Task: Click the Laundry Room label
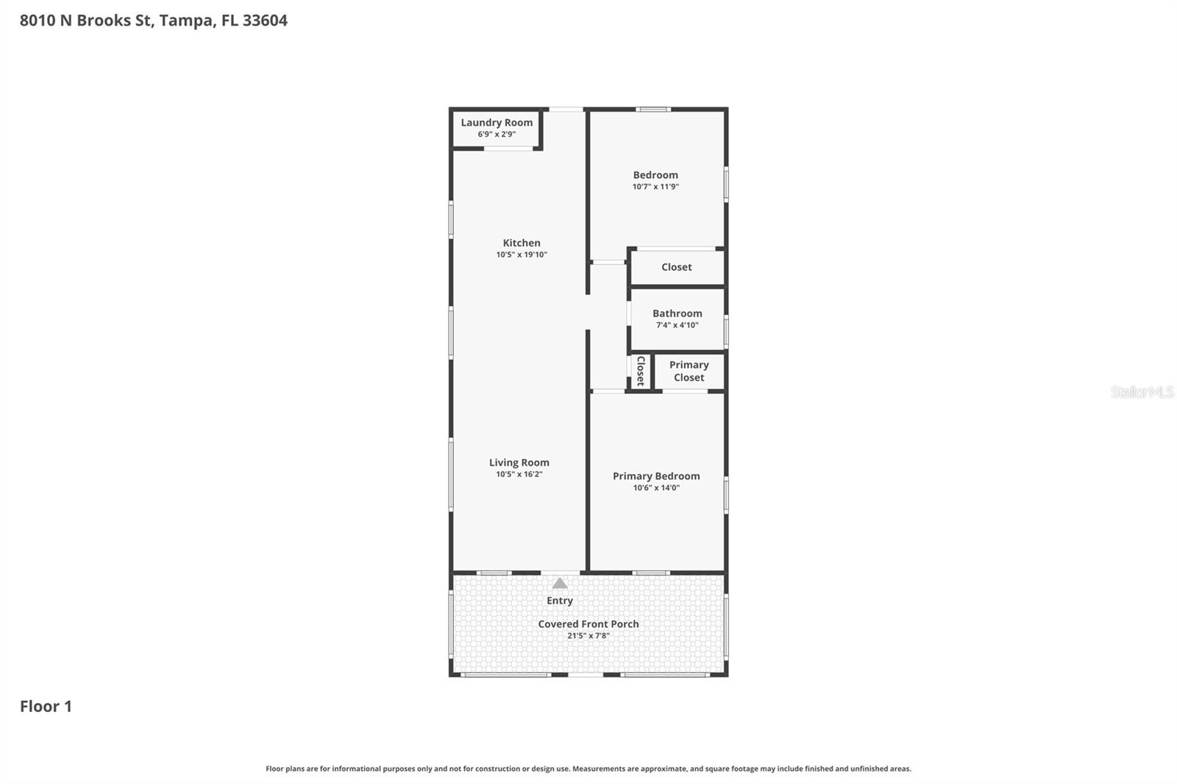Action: click(x=497, y=123)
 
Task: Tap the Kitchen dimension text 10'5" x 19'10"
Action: click(x=522, y=255)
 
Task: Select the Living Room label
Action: click(x=519, y=463)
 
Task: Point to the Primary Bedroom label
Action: click(x=656, y=476)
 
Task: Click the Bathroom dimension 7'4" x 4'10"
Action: click(x=678, y=325)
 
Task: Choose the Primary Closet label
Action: click(x=689, y=371)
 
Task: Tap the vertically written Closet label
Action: click(x=640, y=371)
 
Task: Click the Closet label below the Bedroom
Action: click(x=676, y=267)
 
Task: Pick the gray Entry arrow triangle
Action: click(x=560, y=584)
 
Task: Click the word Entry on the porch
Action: click(x=560, y=601)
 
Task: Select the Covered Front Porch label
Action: click(x=588, y=624)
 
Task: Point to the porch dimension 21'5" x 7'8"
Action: click(x=588, y=636)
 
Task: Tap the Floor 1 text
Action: click(x=46, y=706)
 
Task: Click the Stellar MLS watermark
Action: click(x=1142, y=392)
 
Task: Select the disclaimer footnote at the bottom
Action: click(x=588, y=769)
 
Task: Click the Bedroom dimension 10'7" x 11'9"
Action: click(x=655, y=187)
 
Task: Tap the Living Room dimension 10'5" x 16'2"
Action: click(x=519, y=474)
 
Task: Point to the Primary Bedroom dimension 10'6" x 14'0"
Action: click(x=656, y=488)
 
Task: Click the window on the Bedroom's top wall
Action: click(x=653, y=110)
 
